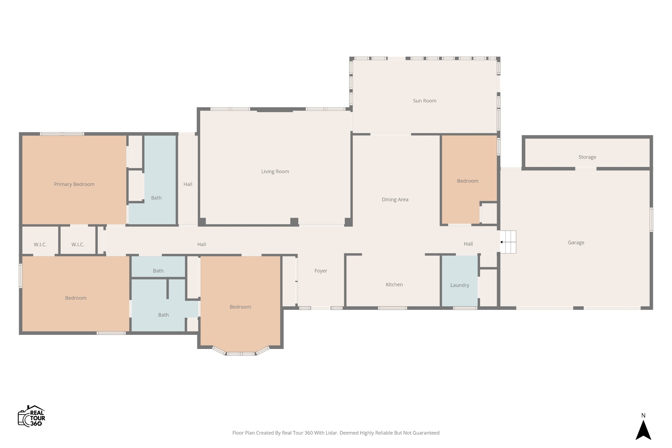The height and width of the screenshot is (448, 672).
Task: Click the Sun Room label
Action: (x=424, y=101)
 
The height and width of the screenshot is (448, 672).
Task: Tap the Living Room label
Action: (x=275, y=171)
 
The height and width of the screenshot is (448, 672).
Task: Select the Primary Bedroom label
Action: (x=74, y=184)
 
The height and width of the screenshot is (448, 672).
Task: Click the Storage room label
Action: (x=587, y=157)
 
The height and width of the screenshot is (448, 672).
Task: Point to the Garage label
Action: (x=576, y=242)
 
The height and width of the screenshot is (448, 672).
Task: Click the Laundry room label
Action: (x=459, y=285)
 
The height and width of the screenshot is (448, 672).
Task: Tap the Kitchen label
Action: (x=394, y=284)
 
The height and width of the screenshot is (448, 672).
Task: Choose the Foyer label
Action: (x=321, y=271)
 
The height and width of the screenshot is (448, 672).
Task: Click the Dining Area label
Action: (x=395, y=199)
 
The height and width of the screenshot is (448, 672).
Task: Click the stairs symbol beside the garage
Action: (x=508, y=242)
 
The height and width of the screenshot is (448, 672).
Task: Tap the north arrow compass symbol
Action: (x=643, y=430)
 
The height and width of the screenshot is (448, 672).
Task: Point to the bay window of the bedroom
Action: (x=241, y=353)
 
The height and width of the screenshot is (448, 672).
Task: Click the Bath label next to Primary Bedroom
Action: (x=156, y=198)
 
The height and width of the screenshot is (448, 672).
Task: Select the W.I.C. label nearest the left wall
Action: (x=40, y=244)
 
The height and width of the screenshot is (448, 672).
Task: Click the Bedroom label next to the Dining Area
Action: (x=467, y=181)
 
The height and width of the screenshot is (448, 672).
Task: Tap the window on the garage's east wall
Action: (x=651, y=220)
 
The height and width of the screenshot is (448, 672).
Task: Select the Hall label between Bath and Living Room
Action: (x=188, y=184)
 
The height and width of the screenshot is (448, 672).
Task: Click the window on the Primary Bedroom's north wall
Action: (x=62, y=134)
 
